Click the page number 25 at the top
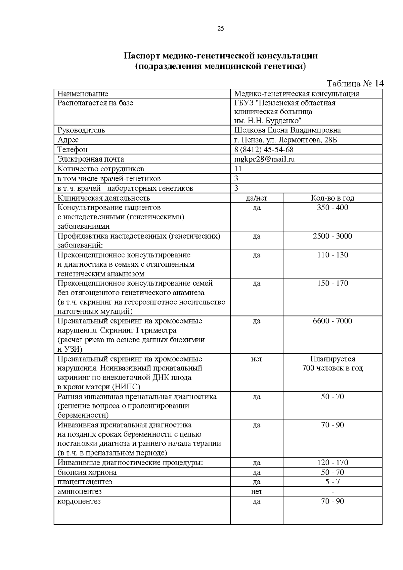point(221,29)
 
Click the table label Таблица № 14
point(355,84)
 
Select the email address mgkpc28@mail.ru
point(264,159)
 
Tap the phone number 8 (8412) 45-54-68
point(264,149)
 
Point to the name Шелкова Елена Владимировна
point(287,130)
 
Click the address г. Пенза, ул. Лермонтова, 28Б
point(285,140)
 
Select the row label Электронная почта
point(91,159)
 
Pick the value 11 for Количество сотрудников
point(238,169)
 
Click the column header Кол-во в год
point(332,198)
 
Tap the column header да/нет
point(256,198)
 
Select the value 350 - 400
point(332,208)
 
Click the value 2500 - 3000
point(332,236)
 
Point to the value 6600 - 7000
point(332,321)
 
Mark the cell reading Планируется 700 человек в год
point(332,364)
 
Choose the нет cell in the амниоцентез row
point(256,492)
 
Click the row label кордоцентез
point(79,501)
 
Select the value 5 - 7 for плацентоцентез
point(332,482)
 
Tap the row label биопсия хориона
point(87,473)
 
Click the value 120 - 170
point(332,463)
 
